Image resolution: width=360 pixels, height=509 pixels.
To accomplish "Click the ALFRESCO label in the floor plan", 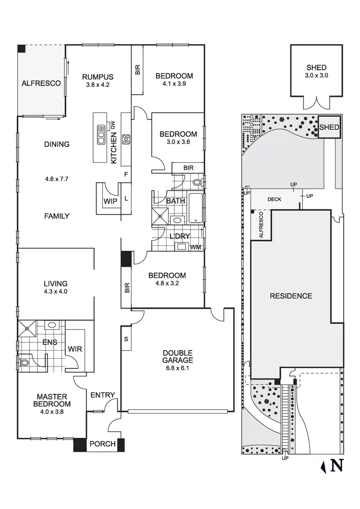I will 41,83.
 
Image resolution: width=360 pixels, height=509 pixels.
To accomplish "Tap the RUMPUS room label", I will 97,77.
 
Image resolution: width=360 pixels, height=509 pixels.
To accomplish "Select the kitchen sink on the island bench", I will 101,135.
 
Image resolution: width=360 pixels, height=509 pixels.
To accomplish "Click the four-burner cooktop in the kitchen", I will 126,139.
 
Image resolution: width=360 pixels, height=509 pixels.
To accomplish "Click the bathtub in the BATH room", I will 195,208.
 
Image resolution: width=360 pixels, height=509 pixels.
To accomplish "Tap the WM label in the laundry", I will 195,247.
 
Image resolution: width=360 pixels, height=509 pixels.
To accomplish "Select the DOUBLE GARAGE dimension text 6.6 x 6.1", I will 178,368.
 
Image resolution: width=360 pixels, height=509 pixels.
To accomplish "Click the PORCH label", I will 103,444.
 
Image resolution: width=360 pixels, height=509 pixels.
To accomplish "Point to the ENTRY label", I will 103,395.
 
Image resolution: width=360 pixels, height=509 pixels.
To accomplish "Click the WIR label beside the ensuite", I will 75,349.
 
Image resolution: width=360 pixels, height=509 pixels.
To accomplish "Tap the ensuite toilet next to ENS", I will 24,362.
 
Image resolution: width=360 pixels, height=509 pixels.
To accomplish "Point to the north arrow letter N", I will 338,466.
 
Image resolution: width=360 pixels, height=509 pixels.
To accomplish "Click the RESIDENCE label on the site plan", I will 291,296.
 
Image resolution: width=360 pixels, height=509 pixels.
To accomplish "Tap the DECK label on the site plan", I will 275,199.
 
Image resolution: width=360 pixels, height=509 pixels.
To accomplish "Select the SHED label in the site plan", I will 329,128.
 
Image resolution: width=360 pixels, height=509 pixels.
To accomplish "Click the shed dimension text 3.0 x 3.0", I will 317,75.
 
